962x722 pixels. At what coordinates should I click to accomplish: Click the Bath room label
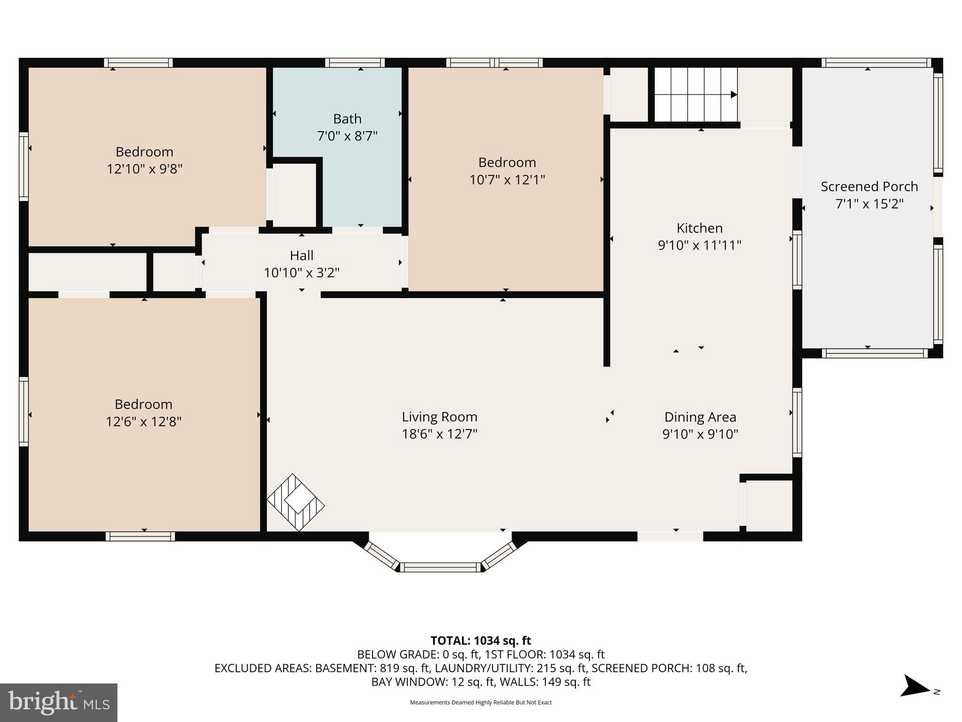347,119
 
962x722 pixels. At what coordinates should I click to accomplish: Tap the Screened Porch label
869,187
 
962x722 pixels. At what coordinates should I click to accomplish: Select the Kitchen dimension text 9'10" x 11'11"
699,245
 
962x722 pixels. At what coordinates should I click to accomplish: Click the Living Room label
439,417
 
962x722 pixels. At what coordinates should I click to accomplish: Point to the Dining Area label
700,417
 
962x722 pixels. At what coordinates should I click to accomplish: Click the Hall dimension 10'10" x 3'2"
302,273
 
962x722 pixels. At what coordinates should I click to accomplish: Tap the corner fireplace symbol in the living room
295,502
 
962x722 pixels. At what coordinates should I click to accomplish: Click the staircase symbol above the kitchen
696,94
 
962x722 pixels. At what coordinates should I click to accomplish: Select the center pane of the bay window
441,567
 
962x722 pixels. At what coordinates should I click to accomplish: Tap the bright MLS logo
59,703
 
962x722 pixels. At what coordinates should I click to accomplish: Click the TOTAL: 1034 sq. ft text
481,641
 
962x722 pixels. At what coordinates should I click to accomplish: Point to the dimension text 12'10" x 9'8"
144,169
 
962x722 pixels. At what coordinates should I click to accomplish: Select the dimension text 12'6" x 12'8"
143,422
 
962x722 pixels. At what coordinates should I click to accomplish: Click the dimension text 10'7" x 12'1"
507,180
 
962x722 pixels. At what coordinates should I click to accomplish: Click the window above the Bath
355,63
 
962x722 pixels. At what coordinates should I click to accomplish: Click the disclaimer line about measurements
481,702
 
